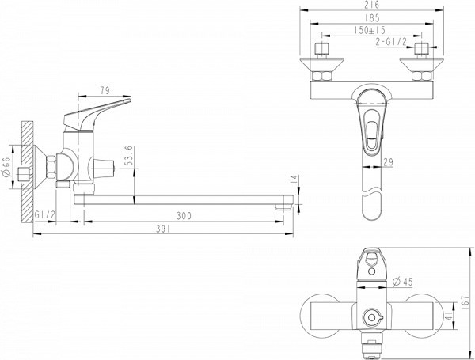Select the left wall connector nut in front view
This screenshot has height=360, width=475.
[x=322, y=77]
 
